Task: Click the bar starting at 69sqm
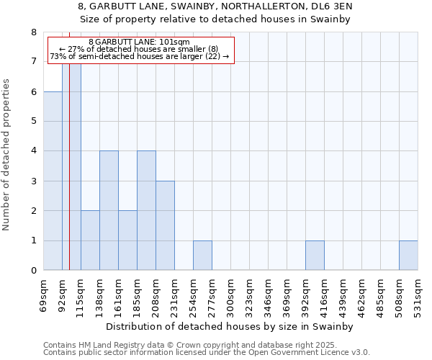(x=53, y=181)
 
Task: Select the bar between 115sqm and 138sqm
(x=90, y=240)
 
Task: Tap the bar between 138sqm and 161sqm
(x=109, y=210)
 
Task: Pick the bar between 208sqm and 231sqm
(x=165, y=225)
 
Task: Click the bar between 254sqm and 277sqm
(x=202, y=256)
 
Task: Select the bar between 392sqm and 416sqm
(x=315, y=256)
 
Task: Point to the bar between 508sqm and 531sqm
(x=408, y=256)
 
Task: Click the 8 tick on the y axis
(x=33, y=32)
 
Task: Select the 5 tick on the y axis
(x=33, y=122)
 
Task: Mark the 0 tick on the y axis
(x=33, y=271)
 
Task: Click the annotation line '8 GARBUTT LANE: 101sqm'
(x=140, y=42)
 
